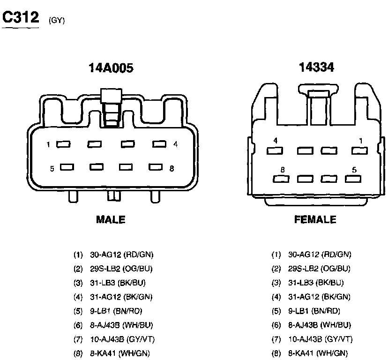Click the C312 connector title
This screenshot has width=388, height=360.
click(x=21, y=17)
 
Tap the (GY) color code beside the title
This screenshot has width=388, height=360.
click(x=57, y=20)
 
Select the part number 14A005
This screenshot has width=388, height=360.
click(x=111, y=68)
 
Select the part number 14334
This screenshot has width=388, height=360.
click(x=316, y=67)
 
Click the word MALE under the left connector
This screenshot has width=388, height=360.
click(x=111, y=220)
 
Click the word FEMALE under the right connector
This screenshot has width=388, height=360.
click(x=315, y=219)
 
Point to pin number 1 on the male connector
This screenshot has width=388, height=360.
click(x=48, y=144)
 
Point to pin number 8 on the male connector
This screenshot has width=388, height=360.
click(x=172, y=169)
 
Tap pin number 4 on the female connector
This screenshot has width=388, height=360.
click(x=276, y=141)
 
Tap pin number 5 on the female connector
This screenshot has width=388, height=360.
click(x=354, y=170)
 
